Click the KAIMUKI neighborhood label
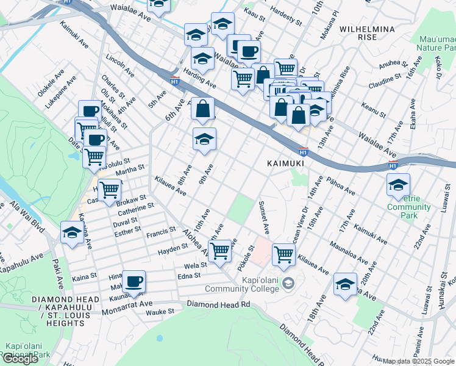click(x=285, y=163)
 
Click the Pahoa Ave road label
click(x=341, y=186)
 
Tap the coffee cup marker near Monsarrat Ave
click(x=134, y=281)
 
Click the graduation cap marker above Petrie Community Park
click(x=398, y=184)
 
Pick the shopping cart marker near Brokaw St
click(x=110, y=189)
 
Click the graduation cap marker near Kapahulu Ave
click(x=72, y=232)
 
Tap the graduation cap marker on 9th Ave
click(x=205, y=139)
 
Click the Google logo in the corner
click(x=20, y=359)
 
